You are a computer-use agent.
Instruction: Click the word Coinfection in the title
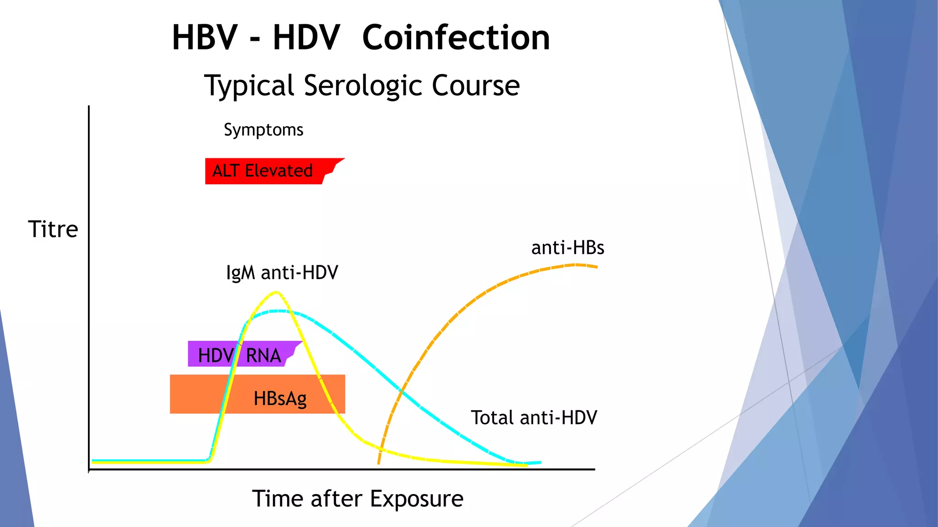(456, 38)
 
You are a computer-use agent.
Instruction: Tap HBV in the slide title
(205, 38)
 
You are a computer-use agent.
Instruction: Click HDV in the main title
(306, 38)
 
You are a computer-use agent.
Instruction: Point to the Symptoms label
(263, 130)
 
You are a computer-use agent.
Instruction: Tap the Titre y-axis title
(53, 229)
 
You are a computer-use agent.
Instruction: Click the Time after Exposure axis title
(357, 499)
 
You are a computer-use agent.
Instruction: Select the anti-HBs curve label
(567, 248)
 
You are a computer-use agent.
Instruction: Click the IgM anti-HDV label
(282, 273)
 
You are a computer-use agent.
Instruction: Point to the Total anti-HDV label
(534, 418)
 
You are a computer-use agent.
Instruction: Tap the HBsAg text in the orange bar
(280, 398)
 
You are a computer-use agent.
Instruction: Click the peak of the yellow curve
(276, 292)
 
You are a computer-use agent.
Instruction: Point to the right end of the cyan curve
(540, 462)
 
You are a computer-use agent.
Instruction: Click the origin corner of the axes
(89, 469)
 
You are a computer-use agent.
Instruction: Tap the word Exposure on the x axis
(416, 499)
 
